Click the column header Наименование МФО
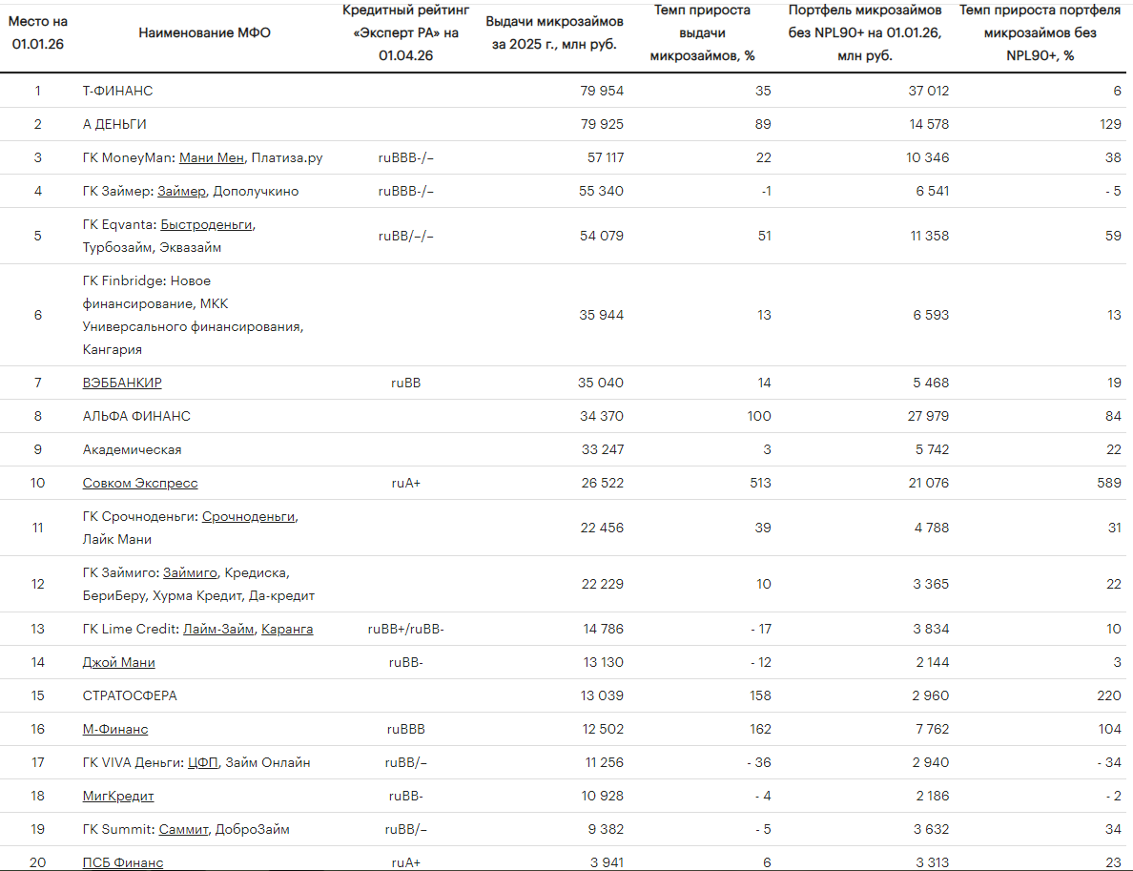(204, 32)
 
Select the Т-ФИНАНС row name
(117, 91)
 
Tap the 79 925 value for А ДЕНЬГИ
(602, 124)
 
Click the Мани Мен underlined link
(212, 157)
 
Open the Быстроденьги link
(207, 225)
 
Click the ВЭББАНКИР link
(122, 383)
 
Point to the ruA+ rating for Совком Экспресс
(406, 483)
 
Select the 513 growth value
(760, 483)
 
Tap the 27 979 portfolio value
(929, 416)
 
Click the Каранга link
(287, 629)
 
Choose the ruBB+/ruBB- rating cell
(406, 629)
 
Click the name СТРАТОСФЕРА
(130, 695)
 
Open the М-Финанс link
(115, 729)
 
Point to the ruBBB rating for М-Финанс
(406, 729)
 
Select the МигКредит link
(118, 796)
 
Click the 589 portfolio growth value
(1109, 483)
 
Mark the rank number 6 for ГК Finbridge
(37, 315)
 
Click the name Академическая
(133, 449)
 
